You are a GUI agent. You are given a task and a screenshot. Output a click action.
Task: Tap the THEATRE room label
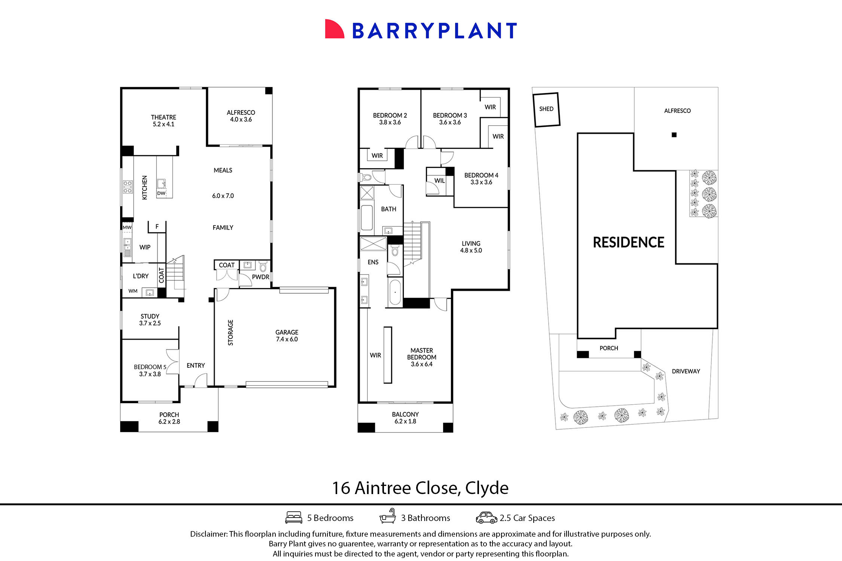click(164, 117)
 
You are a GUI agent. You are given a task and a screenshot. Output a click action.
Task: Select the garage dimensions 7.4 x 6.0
click(287, 339)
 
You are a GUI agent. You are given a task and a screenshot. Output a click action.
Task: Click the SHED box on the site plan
click(546, 109)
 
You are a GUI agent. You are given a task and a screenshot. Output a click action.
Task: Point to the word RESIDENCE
click(628, 242)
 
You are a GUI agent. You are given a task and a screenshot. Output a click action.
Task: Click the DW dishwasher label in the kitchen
click(161, 193)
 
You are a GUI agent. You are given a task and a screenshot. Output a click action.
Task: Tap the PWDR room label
click(260, 277)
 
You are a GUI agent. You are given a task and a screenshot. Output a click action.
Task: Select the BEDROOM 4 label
click(481, 175)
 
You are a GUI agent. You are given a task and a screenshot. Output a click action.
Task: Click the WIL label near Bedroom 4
click(439, 181)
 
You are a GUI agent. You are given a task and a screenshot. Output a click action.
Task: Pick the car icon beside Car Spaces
click(486, 518)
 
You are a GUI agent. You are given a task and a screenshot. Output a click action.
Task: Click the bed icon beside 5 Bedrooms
click(294, 518)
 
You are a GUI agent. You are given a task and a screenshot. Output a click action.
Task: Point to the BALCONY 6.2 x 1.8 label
click(405, 418)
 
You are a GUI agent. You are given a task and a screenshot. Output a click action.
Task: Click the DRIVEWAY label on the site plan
click(686, 371)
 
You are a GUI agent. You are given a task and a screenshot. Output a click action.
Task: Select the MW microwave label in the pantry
click(127, 227)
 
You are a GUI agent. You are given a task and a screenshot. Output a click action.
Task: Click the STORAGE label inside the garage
click(231, 332)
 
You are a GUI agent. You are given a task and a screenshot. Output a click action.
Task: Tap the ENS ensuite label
click(373, 262)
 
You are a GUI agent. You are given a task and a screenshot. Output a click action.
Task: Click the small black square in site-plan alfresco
click(674, 135)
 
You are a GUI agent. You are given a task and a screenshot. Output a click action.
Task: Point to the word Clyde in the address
click(486, 488)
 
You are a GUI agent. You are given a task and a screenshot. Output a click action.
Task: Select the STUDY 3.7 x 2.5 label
click(150, 320)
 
